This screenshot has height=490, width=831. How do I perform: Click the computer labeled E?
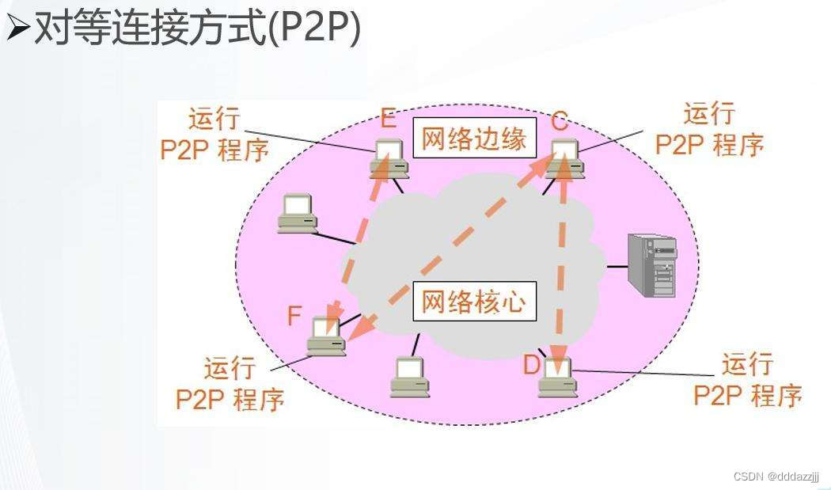[388, 155]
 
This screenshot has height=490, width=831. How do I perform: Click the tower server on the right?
[652, 265]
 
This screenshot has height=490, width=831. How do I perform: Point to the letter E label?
[388, 120]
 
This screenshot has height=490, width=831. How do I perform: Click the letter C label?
[560, 121]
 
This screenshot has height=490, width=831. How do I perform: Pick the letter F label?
[294, 316]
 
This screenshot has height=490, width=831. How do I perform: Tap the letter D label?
[531, 366]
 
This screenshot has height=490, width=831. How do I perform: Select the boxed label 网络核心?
[474, 302]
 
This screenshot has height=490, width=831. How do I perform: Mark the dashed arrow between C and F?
[451, 245]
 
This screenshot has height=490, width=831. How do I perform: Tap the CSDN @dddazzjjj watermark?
[776, 477]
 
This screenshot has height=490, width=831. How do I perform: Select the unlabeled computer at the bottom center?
[410, 376]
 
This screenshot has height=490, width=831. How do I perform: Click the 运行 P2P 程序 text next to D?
[747, 380]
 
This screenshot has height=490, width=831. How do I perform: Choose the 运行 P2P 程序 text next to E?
[214, 134]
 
